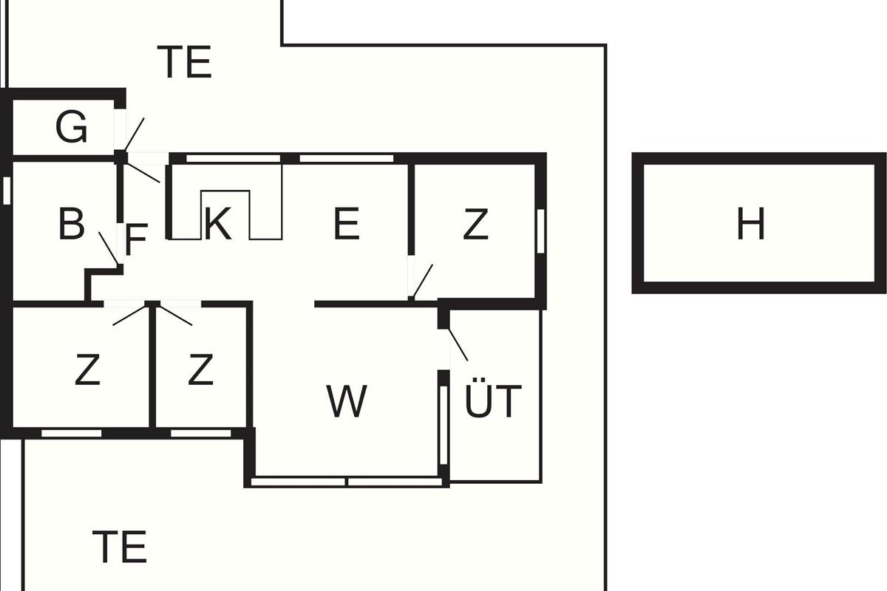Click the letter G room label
click(71, 126)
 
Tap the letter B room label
click(72, 223)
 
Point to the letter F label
click(136, 239)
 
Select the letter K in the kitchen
click(217, 224)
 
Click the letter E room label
click(347, 224)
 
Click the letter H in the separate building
click(750, 224)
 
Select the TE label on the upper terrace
click(185, 62)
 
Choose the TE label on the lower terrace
click(120, 547)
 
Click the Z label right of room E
click(475, 225)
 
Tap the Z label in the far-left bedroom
click(87, 369)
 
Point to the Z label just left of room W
click(200, 369)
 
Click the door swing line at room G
click(135, 134)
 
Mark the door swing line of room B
click(109, 248)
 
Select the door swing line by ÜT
click(458, 344)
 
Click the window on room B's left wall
click(7, 191)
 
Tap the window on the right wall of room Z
click(540, 231)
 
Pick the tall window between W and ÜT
click(443, 425)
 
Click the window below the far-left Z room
click(71, 434)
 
